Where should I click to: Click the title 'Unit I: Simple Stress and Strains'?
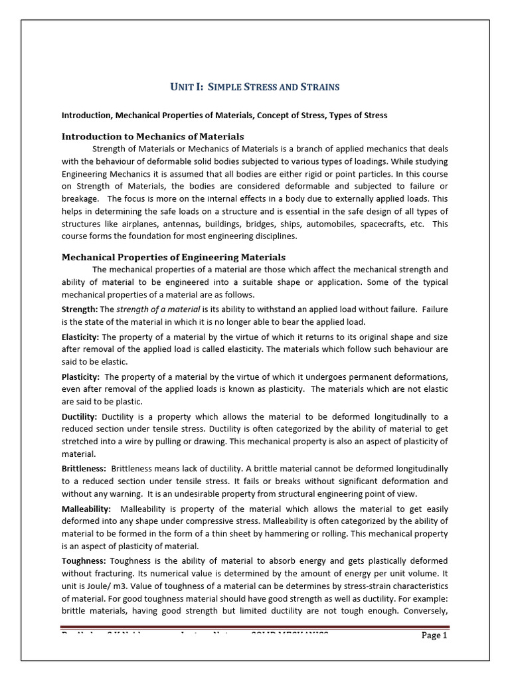tap(255, 87)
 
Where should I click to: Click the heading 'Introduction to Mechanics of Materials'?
tap(153, 136)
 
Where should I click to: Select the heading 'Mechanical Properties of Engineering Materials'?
tap(173, 256)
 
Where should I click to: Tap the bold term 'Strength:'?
tap(79, 309)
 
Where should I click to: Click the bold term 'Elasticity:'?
tap(80, 337)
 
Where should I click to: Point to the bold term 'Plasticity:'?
tap(80, 377)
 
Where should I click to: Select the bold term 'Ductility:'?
tap(80, 416)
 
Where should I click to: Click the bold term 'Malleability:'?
tap(86, 508)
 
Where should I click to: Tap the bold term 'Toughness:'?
tap(84, 560)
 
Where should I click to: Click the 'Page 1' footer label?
tap(435, 636)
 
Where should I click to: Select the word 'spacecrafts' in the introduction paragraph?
tap(381, 224)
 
